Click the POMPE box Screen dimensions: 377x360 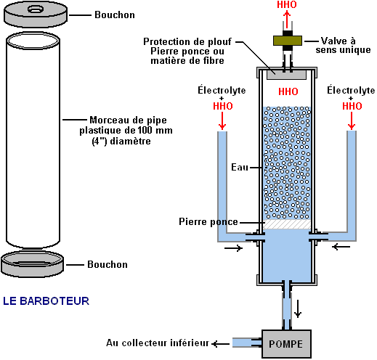click(286, 343)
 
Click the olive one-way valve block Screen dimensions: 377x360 click(288, 41)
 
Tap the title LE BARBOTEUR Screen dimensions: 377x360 click(46, 301)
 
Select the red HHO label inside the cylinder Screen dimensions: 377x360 click(288, 91)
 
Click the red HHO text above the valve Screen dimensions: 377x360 click(287, 4)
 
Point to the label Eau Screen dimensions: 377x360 click(240, 167)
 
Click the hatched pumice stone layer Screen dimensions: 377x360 click(287, 224)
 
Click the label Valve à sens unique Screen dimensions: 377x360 click(343, 45)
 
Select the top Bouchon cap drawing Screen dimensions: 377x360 click(36, 15)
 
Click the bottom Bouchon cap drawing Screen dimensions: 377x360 click(33, 263)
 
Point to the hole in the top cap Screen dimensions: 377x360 click(36, 9)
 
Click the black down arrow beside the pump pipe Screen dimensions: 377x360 click(298, 308)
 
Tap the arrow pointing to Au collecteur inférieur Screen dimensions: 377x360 click(220, 343)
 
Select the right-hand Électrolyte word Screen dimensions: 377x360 click(351, 90)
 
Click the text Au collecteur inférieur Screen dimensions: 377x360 click(158, 343)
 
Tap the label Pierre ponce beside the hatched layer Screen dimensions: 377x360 click(208, 222)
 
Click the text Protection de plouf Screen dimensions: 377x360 click(187, 41)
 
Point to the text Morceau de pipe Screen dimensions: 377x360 click(128, 120)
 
